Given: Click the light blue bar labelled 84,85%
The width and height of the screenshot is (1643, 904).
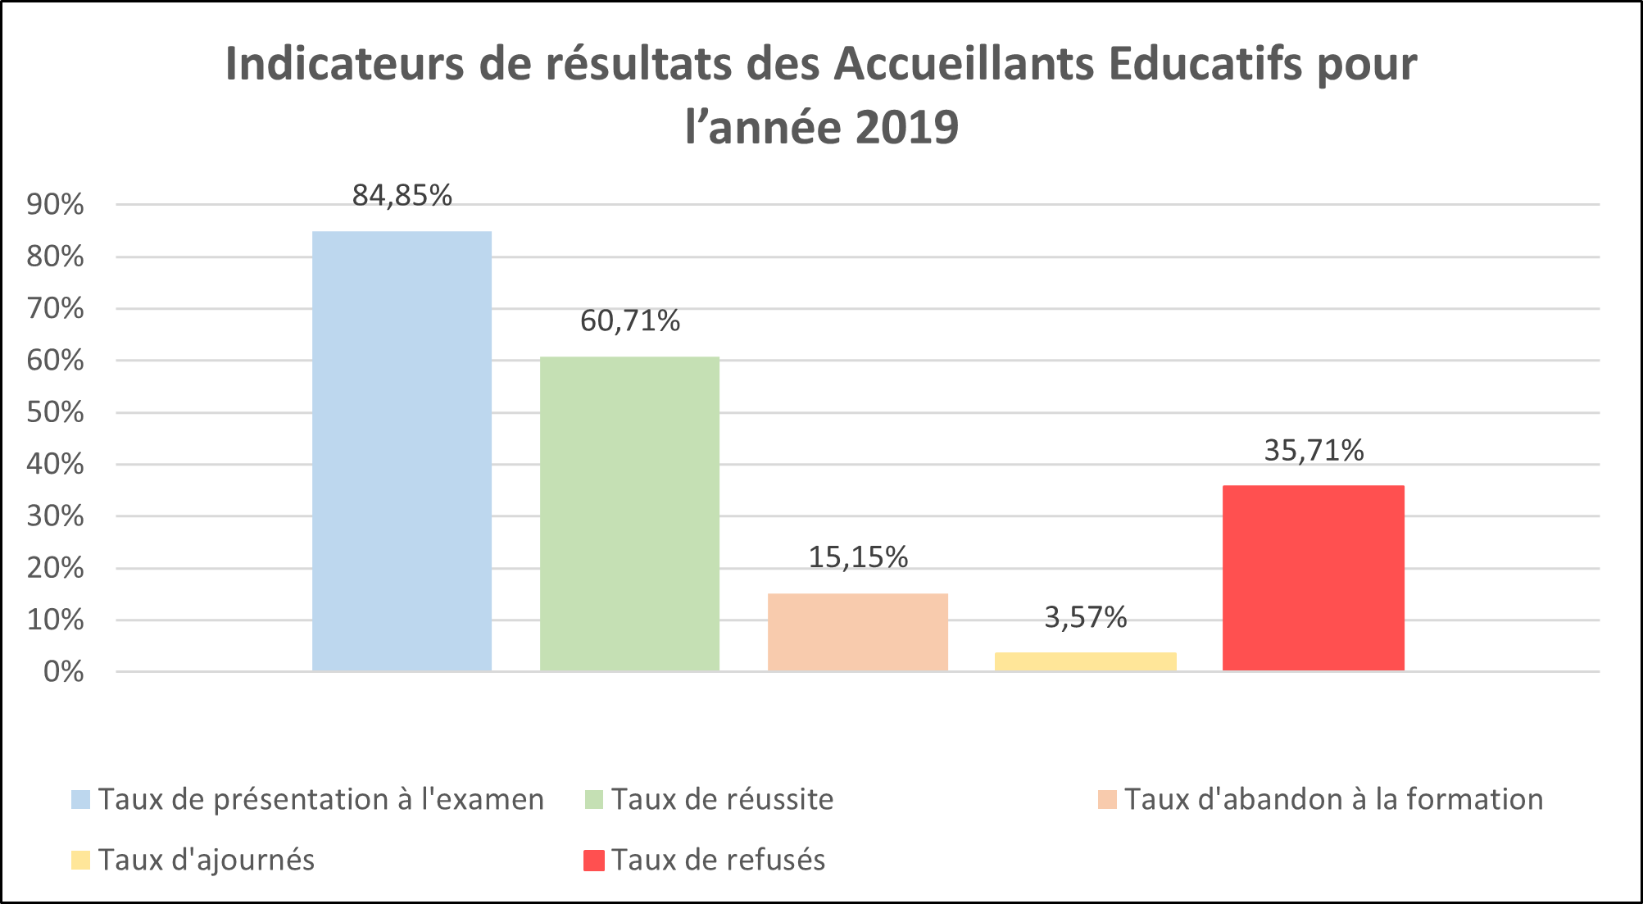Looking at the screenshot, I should click(402, 451).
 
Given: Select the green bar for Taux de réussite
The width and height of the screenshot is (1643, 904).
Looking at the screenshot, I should click(629, 514).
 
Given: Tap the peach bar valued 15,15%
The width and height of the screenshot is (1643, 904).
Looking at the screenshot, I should click(857, 632).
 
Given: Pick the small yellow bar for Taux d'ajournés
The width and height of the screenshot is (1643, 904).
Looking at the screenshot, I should click(1085, 661).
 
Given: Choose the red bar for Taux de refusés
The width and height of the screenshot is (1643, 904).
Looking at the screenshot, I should click(1313, 578).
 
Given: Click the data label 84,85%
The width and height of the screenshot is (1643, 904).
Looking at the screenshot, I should click(402, 196).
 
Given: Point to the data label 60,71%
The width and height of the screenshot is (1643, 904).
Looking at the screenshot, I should click(629, 321).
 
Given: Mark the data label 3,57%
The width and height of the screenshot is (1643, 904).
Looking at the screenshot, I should click(1085, 617).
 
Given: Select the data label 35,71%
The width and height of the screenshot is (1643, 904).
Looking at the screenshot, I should click(1313, 451).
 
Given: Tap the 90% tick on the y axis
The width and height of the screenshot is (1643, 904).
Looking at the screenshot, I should click(55, 205).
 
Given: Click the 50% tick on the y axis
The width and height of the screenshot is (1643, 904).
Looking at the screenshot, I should click(55, 412).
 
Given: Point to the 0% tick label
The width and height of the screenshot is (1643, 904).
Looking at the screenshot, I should click(63, 672).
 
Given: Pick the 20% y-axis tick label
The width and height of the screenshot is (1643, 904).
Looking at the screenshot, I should click(55, 568).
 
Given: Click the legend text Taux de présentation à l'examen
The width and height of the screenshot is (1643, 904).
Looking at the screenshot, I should click(320, 799).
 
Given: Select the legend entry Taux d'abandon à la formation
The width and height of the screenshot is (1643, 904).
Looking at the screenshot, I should click(1333, 799).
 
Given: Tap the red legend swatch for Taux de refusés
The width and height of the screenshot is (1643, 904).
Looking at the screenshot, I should click(593, 861).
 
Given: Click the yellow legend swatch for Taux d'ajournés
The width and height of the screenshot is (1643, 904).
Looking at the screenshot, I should click(80, 861).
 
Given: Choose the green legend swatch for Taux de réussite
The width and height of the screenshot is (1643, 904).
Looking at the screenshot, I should click(593, 799).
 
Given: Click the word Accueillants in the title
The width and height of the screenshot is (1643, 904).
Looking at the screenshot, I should click(964, 64).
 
